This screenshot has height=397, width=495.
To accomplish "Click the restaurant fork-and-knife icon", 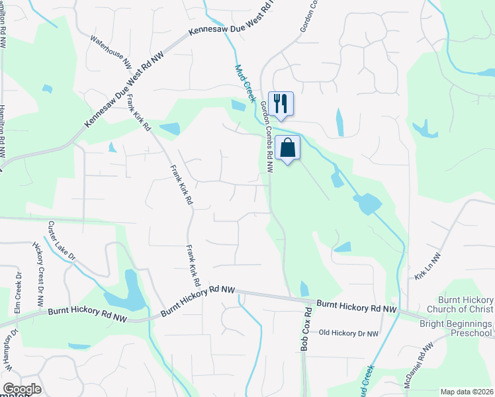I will [x=281, y=103].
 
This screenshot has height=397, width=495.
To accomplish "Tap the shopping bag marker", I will [x=289, y=148].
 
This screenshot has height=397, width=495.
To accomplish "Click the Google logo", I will [x=22, y=389].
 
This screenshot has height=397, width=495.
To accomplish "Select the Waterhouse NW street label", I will [x=111, y=52].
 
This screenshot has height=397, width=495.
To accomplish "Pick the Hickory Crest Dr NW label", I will [x=39, y=273].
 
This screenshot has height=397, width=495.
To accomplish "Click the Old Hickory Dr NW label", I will [x=348, y=333].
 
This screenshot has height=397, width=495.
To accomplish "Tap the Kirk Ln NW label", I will [x=427, y=265].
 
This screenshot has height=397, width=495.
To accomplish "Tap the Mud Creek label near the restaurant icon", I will [x=245, y=83].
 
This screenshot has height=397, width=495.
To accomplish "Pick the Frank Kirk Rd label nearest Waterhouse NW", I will [x=138, y=112].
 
